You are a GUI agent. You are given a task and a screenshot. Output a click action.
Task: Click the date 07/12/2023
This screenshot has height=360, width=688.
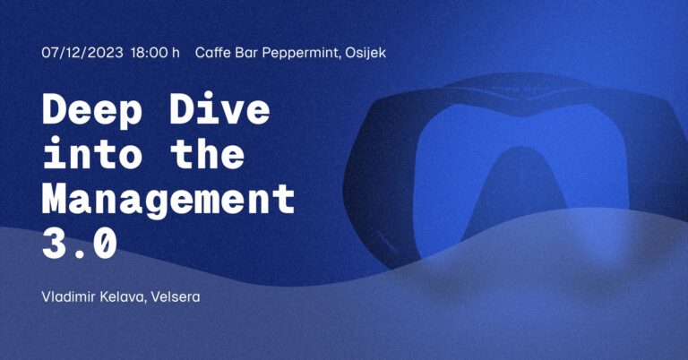tap(82, 53)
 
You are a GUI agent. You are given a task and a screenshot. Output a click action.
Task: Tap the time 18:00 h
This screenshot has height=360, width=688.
tap(155, 53)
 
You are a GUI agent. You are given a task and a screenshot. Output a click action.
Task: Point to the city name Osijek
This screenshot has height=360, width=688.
tap(365, 54)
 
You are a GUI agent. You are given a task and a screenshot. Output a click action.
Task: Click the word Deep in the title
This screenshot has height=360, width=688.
tap(92, 110)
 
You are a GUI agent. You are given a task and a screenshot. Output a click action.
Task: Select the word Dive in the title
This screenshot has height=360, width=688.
tap(219, 108)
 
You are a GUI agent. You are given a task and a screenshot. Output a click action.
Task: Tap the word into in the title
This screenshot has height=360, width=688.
tap(92, 152)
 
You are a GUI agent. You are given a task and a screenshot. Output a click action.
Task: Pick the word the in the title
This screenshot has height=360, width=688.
tap(207, 152)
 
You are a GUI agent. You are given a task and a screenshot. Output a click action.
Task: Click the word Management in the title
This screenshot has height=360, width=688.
tap(168, 200)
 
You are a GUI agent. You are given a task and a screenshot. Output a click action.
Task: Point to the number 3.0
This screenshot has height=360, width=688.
tap(80, 244)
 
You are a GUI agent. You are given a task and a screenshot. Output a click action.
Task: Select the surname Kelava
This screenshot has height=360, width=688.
tap(124, 297)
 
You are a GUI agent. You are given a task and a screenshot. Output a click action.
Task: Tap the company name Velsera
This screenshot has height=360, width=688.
tap(176, 296)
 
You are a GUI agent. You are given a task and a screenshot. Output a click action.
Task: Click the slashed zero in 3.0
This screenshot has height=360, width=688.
tap(106, 244)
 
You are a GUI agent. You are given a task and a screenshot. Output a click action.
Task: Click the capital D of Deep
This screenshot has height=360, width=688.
tap(55, 108)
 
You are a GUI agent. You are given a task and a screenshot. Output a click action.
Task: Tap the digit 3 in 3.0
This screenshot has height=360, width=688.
tap(54, 244)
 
